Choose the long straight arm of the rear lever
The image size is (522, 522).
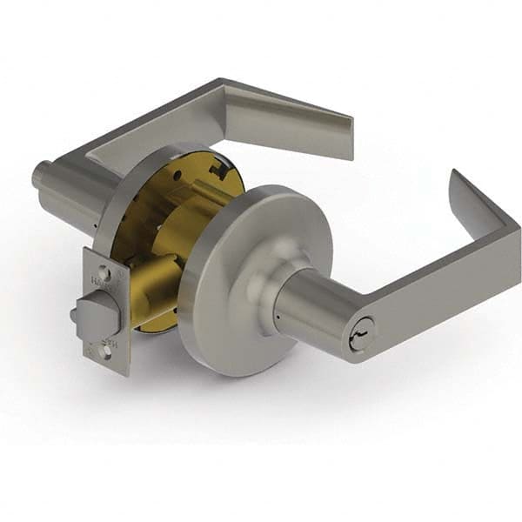pos(148,130)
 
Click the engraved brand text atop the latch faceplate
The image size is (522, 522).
pos(97,280)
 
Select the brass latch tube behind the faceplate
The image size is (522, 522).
pos(152,300)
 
